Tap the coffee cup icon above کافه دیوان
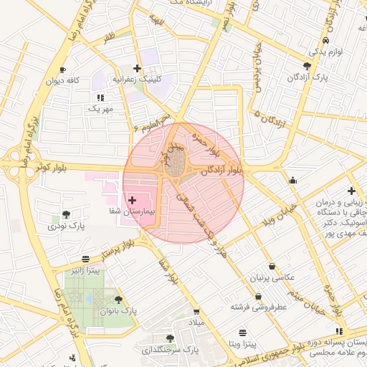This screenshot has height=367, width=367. tap(62, 70)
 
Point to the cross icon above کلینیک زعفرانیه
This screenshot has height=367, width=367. tap(137, 68)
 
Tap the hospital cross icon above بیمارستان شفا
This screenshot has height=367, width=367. tap(132, 200)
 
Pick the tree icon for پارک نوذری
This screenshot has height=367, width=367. tap(67, 214)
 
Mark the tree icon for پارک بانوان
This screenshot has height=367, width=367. tap(118, 300)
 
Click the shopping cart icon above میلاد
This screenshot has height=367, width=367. tap(196, 312)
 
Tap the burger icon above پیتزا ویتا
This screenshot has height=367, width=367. tap(242, 333)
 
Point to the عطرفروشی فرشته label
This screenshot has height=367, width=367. tap(258, 307)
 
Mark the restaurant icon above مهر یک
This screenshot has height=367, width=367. tap(98, 97)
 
